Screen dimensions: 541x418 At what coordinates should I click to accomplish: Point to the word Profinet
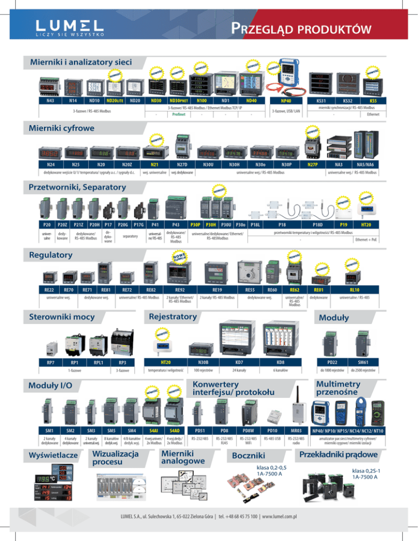point(179,114)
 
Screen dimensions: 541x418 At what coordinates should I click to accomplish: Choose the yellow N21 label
point(154,163)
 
